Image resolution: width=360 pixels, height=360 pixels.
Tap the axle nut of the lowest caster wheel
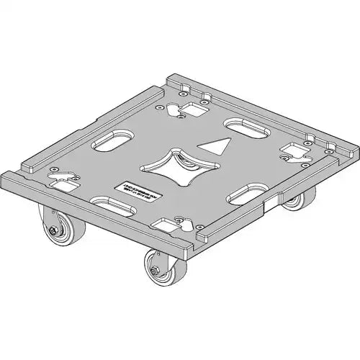pos(153,272)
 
